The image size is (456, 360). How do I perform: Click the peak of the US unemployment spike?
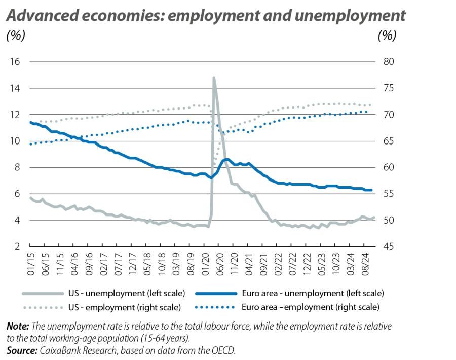(214, 78)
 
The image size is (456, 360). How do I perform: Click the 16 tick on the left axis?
(14, 62)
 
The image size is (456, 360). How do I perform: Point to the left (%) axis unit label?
(15, 36)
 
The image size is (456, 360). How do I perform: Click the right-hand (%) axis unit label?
(387, 36)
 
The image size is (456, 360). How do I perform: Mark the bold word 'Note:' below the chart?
(18, 326)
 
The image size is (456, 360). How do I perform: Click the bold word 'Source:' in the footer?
(21, 350)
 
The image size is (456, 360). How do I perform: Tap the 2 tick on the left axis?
(16, 246)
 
